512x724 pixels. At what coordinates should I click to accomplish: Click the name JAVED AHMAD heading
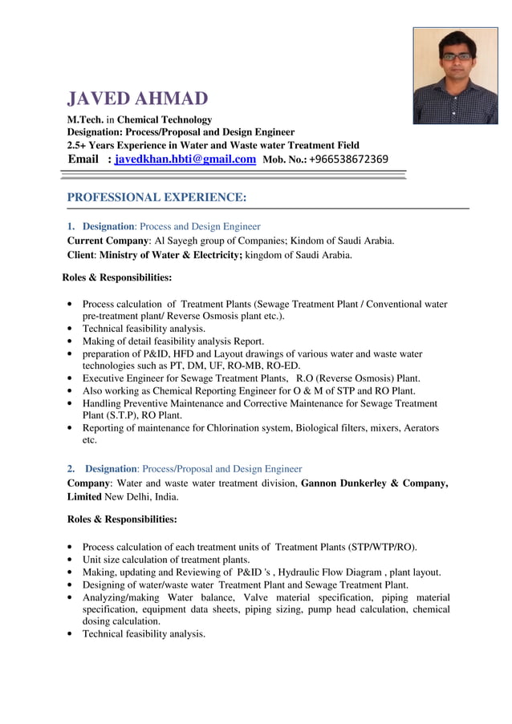pos(137,99)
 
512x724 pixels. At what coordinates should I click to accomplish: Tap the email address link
pos(185,160)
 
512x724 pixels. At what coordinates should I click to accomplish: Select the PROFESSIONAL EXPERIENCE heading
pos(156,197)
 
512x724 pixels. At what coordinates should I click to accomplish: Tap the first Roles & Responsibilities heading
pos(117,278)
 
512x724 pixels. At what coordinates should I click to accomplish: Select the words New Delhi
pos(130,497)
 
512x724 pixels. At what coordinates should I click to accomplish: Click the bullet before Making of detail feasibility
pos(74,342)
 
